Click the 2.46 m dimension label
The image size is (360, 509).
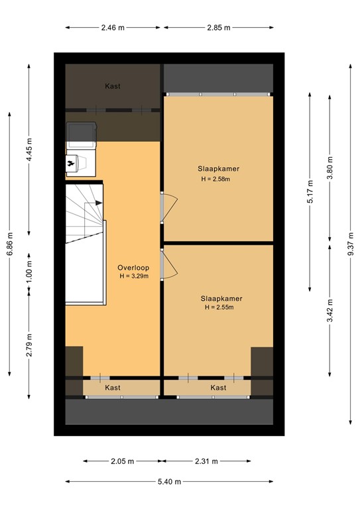[x=113, y=28]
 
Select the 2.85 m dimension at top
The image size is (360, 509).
[x=217, y=28]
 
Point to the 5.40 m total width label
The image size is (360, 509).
[x=168, y=482]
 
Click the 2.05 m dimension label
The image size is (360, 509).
[x=122, y=461]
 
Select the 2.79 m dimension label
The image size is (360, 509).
[x=29, y=344]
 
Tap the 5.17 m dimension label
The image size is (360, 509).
[x=310, y=192]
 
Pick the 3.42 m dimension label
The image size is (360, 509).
[x=330, y=310]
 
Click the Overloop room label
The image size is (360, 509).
[x=133, y=268]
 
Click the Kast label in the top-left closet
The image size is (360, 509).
[x=113, y=86]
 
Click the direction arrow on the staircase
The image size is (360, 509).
[x=98, y=203]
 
